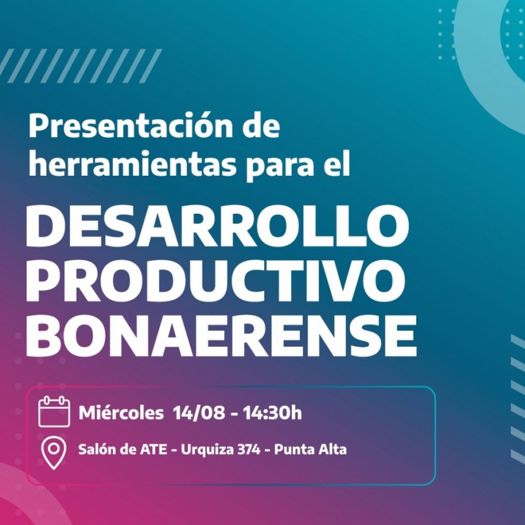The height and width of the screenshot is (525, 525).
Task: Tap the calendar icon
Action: (x=54, y=411)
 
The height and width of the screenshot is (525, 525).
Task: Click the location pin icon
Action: (x=54, y=454)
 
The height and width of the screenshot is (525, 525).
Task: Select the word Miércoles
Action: (x=121, y=413)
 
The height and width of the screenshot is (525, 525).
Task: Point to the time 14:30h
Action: (x=272, y=413)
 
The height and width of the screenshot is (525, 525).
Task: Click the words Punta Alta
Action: (x=310, y=451)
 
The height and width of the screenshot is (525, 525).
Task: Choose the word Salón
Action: (x=95, y=451)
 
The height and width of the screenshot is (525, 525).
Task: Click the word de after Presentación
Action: (x=261, y=127)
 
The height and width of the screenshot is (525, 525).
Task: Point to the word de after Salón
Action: (x=126, y=451)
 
